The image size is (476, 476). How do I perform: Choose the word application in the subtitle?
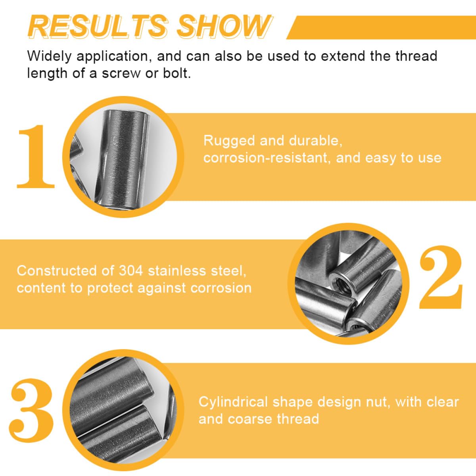point(113,56)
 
